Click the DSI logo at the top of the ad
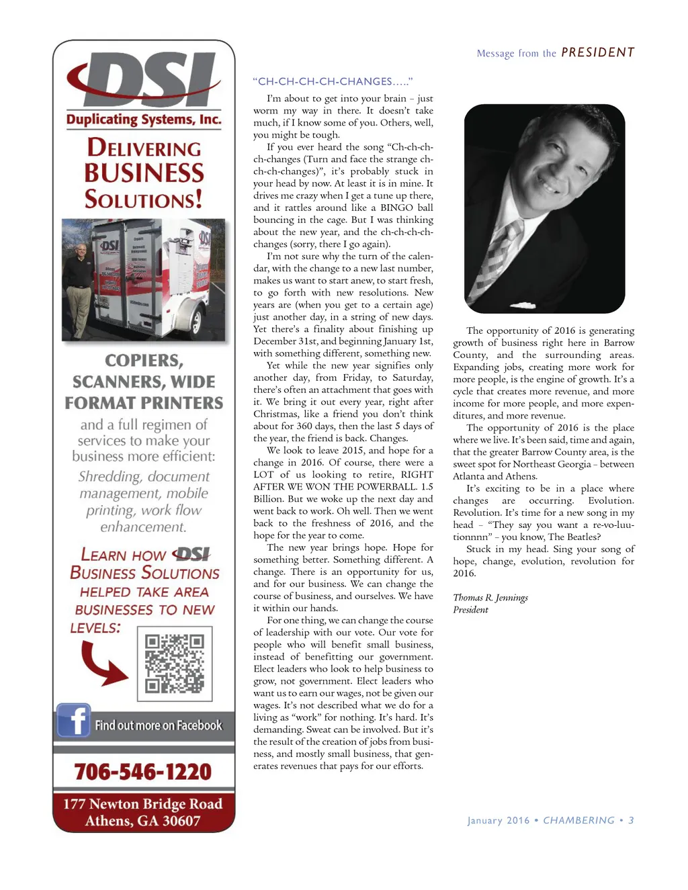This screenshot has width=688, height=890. [x=144, y=79]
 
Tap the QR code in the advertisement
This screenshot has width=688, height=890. [x=175, y=664]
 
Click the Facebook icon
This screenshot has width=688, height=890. [x=73, y=720]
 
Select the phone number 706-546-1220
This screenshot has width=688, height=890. [x=143, y=772]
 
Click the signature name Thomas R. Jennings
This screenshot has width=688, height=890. [x=490, y=598]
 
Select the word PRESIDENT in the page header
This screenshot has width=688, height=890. [x=597, y=52]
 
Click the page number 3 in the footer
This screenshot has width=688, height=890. [x=631, y=820]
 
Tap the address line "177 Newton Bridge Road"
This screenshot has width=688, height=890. [x=143, y=804]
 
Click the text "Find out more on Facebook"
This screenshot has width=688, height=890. [x=158, y=725]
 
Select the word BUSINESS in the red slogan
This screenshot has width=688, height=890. [x=144, y=173]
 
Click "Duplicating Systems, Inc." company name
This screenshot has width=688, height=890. [x=144, y=120]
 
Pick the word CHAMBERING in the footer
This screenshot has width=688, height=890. [x=578, y=820]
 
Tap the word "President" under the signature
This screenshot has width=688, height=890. [x=470, y=610]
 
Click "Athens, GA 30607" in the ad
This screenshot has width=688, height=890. [x=143, y=821]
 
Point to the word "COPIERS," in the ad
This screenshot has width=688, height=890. [x=144, y=361]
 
